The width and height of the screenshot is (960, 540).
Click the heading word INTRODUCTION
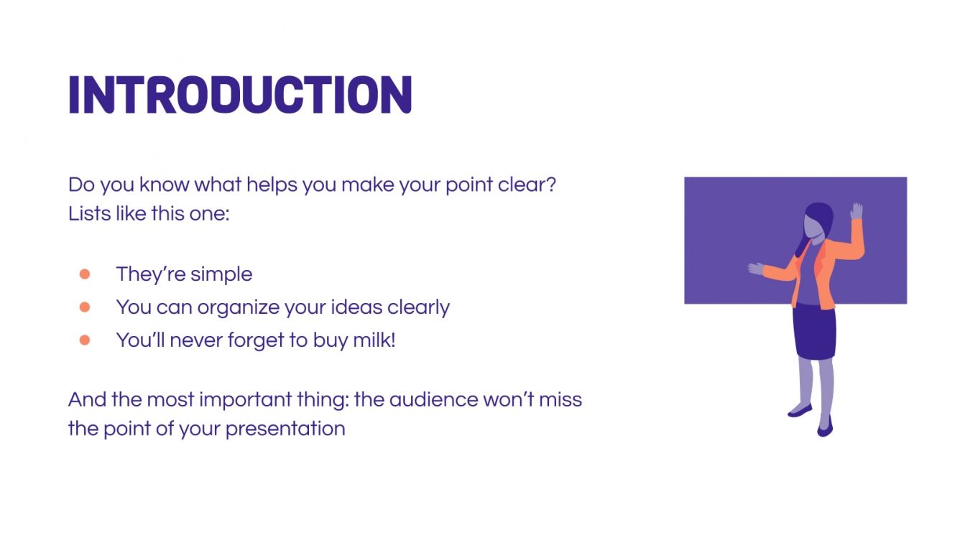pyautogui.click(x=240, y=95)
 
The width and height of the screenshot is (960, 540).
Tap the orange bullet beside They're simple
pyautogui.click(x=85, y=274)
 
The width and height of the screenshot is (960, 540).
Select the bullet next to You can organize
pyautogui.click(x=85, y=307)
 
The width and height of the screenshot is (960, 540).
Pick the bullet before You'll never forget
pyautogui.click(x=85, y=340)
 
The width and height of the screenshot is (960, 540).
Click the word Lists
pyautogui.click(x=89, y=214)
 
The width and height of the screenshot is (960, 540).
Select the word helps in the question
pyautogui.click(x=272, y=185)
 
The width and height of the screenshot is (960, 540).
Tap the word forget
pyautogui.click(x=257, y=340)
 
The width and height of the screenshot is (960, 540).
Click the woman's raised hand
pyautogui.click(x=856, y=211)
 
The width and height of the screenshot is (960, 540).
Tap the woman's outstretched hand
pyautogui.click(x=755, y=269)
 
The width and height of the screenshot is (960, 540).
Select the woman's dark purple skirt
pyautogui.click(x=814, y=331)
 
